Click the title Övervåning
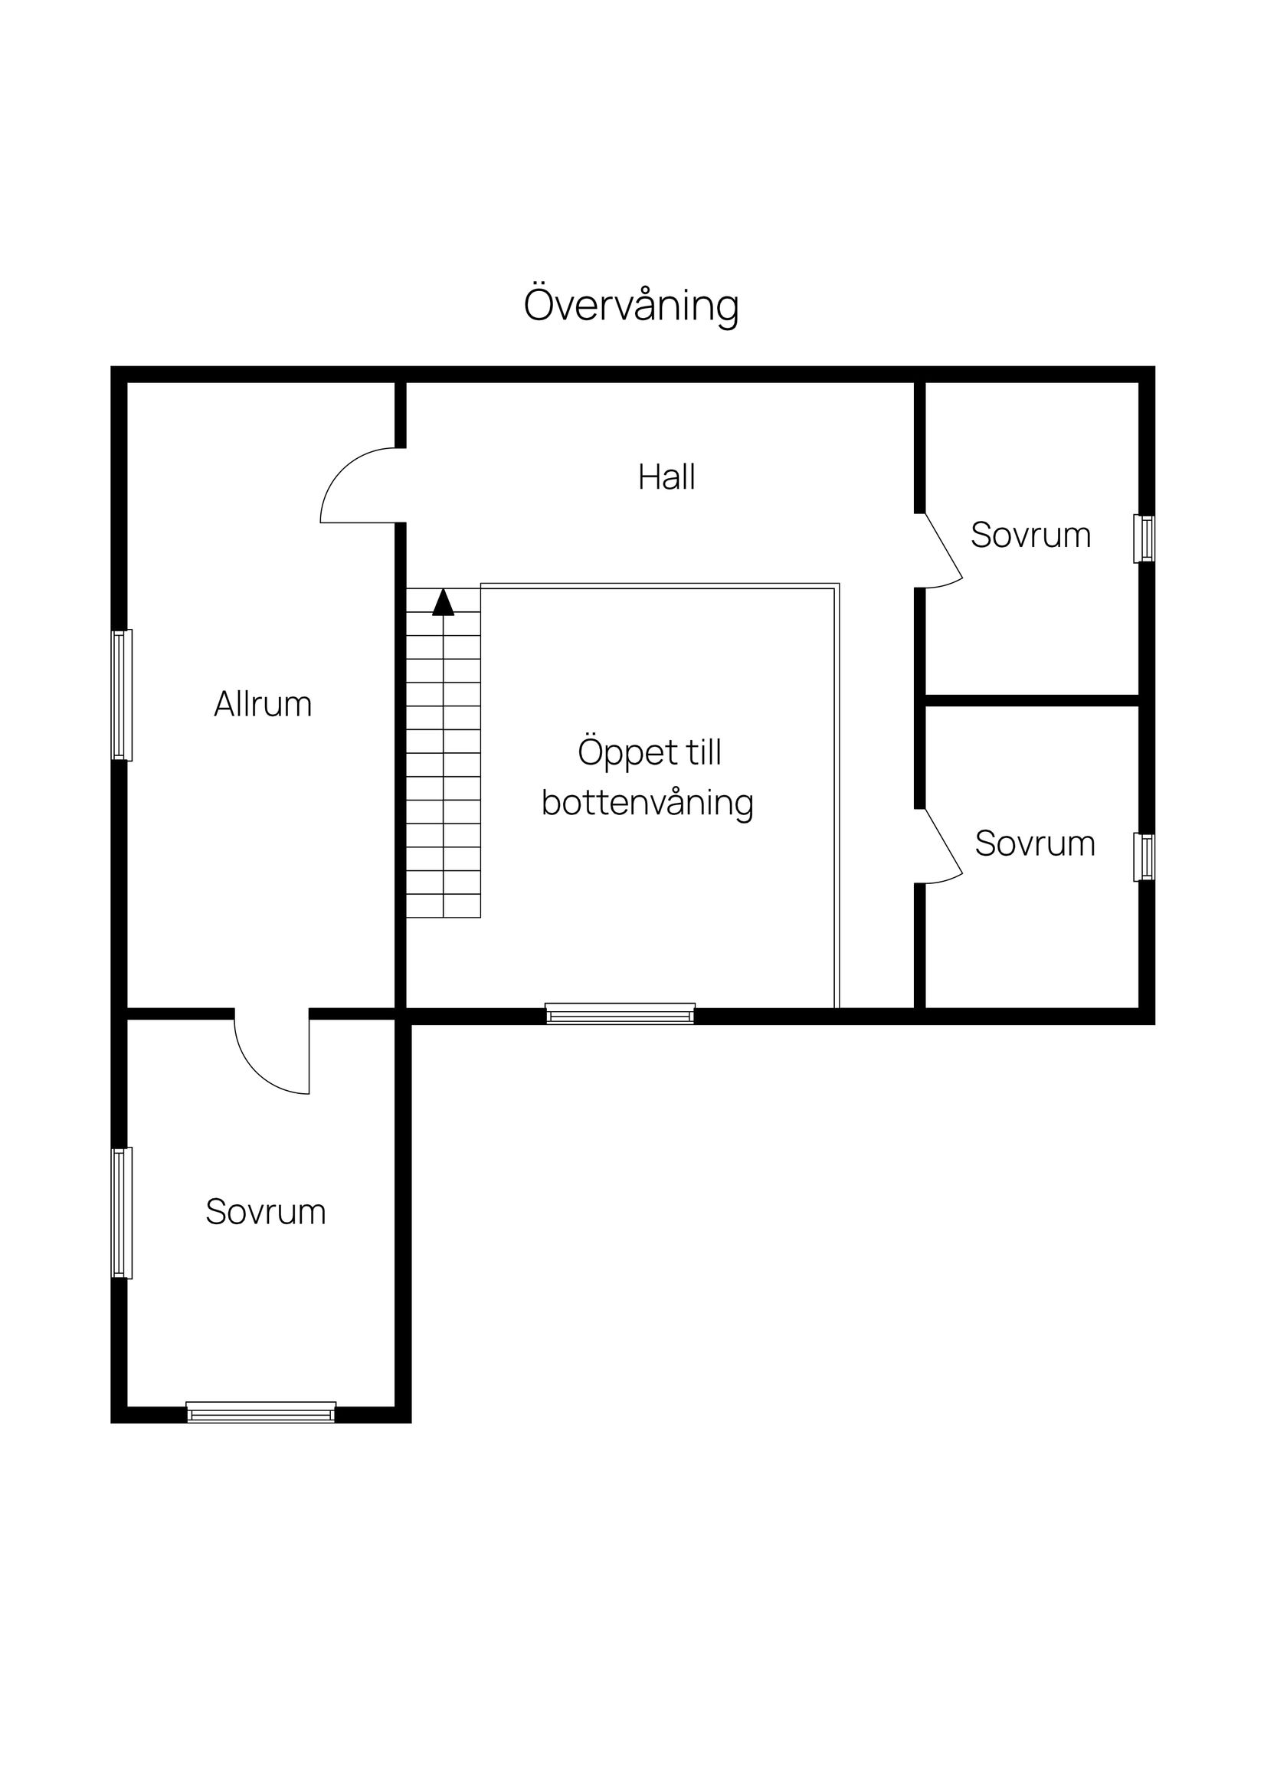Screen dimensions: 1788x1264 click(630, 305)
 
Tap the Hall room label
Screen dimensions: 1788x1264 click(666, 477)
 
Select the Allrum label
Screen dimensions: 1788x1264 click(263, 705)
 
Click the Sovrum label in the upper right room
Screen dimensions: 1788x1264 click(1030, 535)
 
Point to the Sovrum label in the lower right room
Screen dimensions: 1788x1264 click(1034, 844)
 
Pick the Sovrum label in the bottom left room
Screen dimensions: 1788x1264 click(266, 1213)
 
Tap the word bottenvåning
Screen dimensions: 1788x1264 click(647, 803)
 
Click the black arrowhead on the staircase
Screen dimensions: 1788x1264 click(443, 603)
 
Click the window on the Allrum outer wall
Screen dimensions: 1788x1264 click(122, 695)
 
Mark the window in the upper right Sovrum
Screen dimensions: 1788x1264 click(1143, 538)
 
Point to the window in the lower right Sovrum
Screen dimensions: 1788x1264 click(1143, 857)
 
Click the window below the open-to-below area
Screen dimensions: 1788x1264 click(620, 1014)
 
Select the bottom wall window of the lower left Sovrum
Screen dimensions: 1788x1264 click(261, 1413)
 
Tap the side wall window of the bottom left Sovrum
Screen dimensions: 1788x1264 click(122, 1213)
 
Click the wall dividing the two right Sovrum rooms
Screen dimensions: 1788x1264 click(1032, 700)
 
